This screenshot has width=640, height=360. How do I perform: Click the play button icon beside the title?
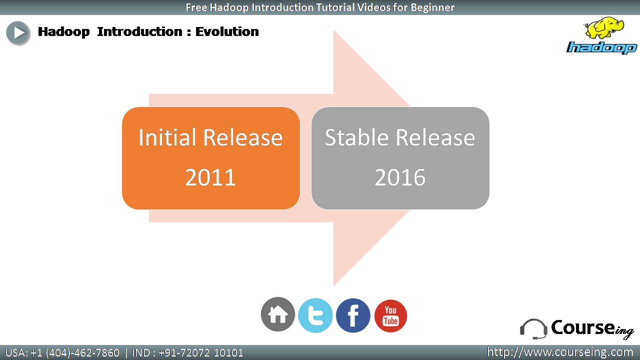point(18,32)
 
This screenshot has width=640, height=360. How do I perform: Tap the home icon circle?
point(277,314)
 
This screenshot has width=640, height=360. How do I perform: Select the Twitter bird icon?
point(315,315)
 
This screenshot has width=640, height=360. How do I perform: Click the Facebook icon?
point(353,315)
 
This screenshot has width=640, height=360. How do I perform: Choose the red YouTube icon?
point(390,315)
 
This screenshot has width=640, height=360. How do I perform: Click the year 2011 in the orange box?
point(210,177)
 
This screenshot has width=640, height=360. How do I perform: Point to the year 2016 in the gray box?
point(400,177)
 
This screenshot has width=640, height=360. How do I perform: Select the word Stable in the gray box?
point(356,137)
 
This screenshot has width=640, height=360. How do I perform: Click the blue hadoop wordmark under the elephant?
point(602,47)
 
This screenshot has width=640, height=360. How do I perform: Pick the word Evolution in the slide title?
point(227,31)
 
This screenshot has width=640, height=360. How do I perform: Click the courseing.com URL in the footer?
point(560,352)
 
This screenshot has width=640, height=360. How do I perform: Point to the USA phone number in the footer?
point(62,353)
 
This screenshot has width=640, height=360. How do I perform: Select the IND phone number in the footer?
point(187,353)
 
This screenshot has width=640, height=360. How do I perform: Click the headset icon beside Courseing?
point(533,329)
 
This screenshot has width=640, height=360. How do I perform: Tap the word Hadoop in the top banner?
point(229,7)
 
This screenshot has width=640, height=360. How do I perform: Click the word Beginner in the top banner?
point(432,7)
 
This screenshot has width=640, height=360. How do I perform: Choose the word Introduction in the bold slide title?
point(139,31)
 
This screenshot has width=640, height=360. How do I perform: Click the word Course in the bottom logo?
point(582,327)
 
